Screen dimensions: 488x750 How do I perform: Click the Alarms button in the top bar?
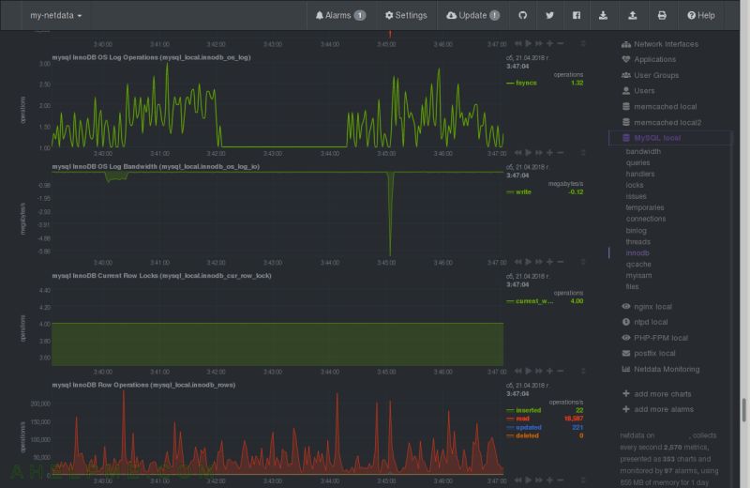(x=339, y=15)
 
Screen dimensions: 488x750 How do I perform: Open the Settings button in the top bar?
(x=405, y=15)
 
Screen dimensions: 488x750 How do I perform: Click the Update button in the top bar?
(x=472, y=15)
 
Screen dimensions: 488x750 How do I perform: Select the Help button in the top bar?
(x=700, y=15)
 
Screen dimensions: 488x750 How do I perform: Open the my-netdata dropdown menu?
(x=55, y=15)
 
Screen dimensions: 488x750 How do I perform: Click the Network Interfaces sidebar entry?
(x=666, y=44)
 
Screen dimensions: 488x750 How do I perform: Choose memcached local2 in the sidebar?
(x=667, y=122)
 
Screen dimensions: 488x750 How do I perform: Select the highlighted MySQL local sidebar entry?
(x=657, y=138)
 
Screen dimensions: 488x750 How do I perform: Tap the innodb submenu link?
(x=637, y=253)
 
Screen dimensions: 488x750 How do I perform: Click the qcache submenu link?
(x=637, y=265)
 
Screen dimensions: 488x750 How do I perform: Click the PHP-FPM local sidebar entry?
(x=661, y=338)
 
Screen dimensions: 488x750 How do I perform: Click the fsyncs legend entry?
(x=526, y=83)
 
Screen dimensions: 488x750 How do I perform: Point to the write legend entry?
(x=523, y=191)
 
